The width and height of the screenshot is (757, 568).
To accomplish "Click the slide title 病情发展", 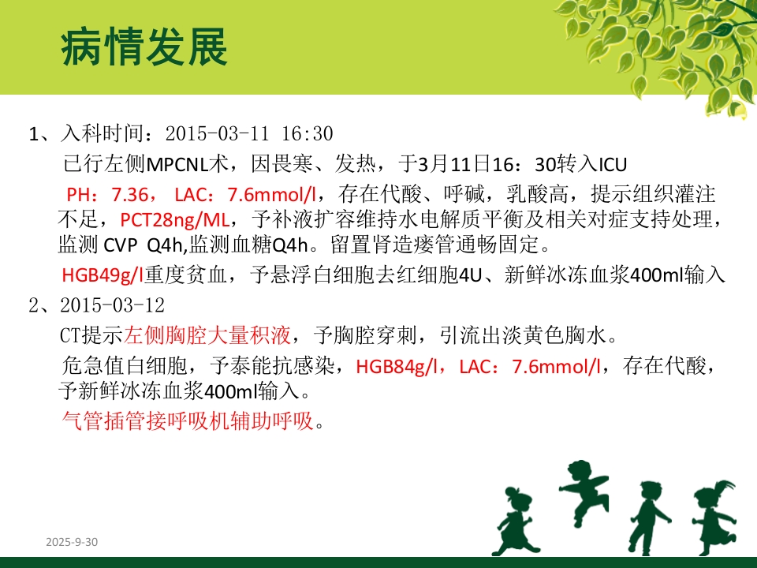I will pos(144,48).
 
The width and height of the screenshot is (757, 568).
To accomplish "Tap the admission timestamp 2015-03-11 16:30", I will pos(250,133).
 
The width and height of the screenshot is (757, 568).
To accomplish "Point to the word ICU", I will pos(613,164).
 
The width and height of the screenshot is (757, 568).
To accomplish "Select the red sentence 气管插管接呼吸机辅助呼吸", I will pos(188,421).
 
